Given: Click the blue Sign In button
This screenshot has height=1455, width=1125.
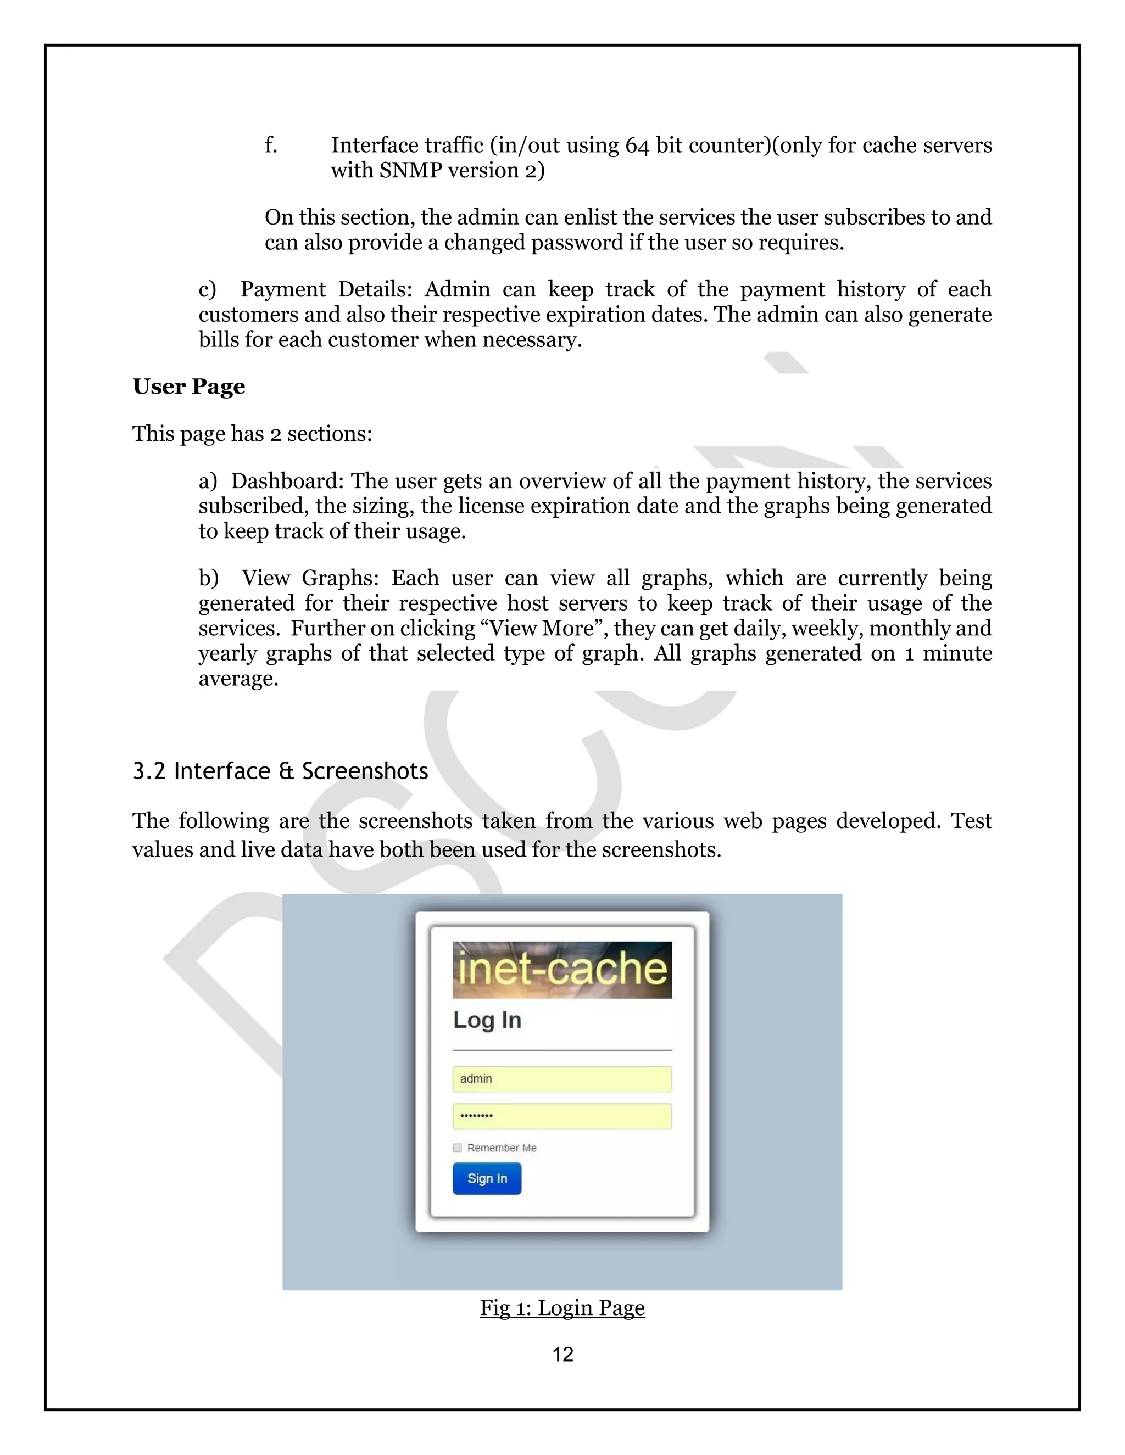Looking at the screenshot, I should coord(487,1178).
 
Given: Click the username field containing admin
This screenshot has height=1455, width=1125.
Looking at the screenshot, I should coord(562,1078).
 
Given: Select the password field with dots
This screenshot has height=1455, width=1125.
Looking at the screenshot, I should coord(562,1116).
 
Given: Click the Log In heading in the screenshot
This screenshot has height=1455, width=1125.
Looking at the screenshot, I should coord(487,1020).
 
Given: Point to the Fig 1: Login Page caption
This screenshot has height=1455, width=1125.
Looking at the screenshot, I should coord(562,1307).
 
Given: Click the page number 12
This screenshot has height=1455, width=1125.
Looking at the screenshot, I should coord(562,1354).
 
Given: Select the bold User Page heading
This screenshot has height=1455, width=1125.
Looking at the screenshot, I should coord(188,387).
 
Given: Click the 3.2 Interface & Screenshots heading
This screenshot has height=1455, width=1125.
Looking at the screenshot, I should coord(280,771).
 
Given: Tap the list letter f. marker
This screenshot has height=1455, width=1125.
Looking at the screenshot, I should coord(271,145).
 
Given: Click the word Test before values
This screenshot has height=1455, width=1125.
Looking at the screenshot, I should coord(971,821).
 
